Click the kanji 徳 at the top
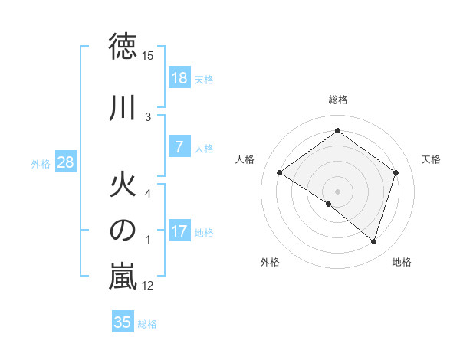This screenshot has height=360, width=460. pyautogui.click(x=123, y=48)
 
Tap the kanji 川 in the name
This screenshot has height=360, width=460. pyautogui.click(x=123, y=107)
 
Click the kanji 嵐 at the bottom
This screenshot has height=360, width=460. pyautogui.click(x=123, y=277)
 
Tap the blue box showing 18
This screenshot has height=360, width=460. pyautogui.click(x=179, y=78)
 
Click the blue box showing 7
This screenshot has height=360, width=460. pyautogui.click(x=179, y=148)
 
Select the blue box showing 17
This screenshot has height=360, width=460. pyautogui.click(x=179, y=232)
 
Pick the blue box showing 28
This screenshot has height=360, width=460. pyautogui.click(x=65, y=163)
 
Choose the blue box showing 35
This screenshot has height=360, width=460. pyautogui.click(x=123, y=322)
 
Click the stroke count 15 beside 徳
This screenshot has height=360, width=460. pyautogui.click(x=148, y=57)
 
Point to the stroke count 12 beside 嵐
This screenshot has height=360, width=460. pyautogui.click(x=148, y=286)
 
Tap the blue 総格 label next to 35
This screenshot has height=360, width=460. pyautogui.click(x=148, y=324)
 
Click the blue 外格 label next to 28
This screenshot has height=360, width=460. pyautogui.click(x=41, y=164)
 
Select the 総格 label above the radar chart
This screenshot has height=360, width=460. pyautogui.click(x=337, y=100)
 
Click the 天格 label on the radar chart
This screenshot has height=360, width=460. pyautogui.click(x=431, y=159)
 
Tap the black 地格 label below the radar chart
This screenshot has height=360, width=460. pyautogui.click(x=401, y=263)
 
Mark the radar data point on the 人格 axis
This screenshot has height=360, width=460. pyautogui.click(x=280, y=173)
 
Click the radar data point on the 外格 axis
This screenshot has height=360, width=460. pyautogui.click(x=329, y=204)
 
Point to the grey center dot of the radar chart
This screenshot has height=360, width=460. pyautogui.click(x=337, y=191)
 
